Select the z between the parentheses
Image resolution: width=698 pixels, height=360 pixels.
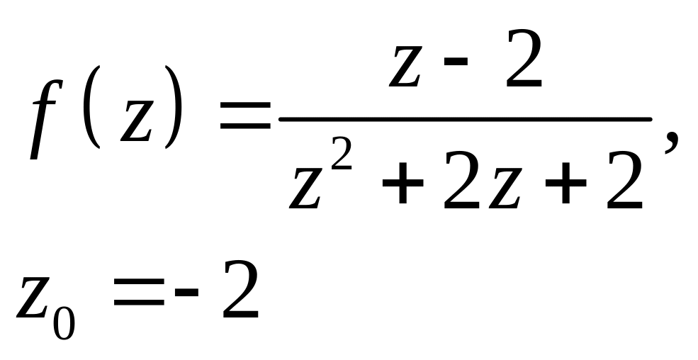pos(136,122)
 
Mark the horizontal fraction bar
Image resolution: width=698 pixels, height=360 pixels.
pos(465,119)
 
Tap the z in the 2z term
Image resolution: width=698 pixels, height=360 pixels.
pos(509,189)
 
